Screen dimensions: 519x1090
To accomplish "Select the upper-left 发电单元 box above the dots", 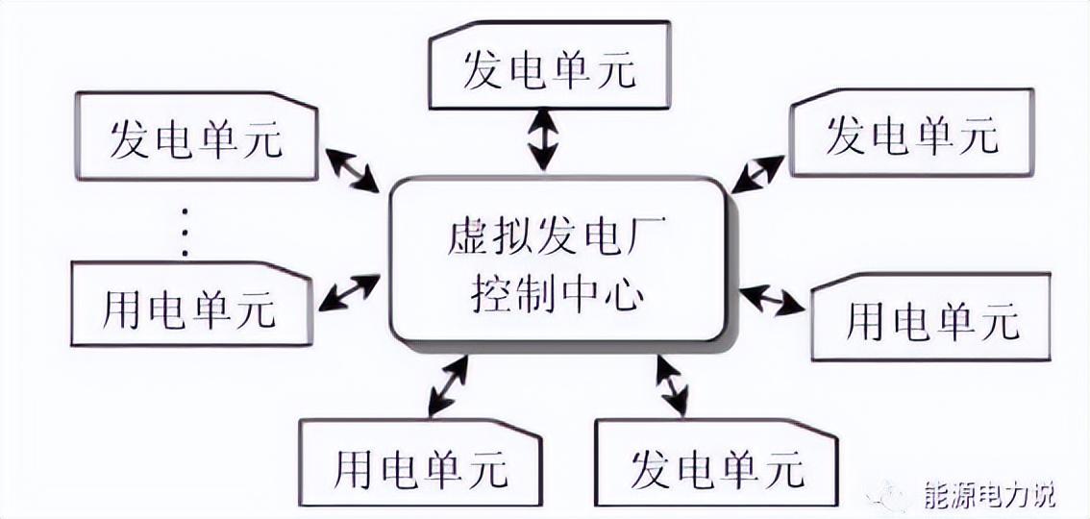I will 196,136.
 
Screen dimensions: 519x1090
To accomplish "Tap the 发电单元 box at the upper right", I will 911,135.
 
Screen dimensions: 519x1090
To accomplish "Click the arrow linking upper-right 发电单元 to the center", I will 757,174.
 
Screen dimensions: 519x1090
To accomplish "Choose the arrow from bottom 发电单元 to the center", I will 671,384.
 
